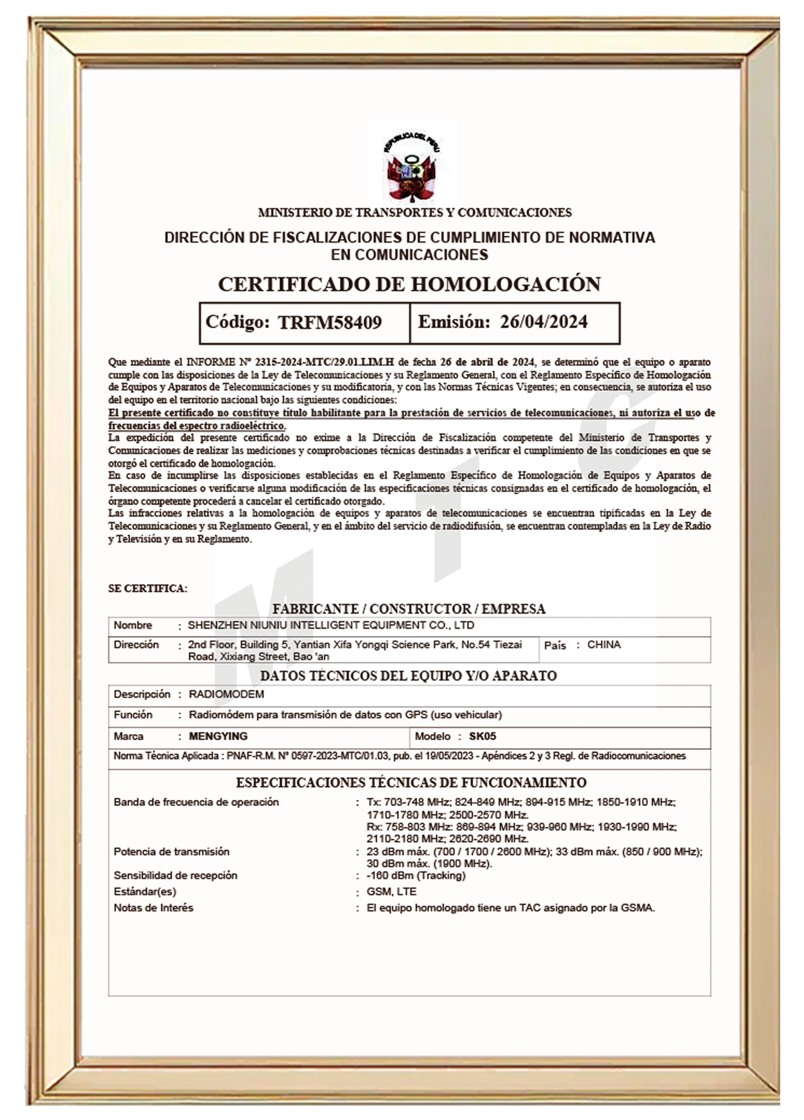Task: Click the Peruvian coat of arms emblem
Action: pos(411,168)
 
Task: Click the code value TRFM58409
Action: pos(330,322)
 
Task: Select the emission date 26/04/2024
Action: pos(543,321)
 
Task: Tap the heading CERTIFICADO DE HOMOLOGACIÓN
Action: pos(409,284)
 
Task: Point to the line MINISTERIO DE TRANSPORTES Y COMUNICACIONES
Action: pos(414,213)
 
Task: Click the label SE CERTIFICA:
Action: pos(148,589)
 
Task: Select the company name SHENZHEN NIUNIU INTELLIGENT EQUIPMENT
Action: pos(331,626)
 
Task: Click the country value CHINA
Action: pos(604,645)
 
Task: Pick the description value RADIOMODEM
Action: pos(226,695)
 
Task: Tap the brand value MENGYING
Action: pos(218,736)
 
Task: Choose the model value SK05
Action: pos(483,736)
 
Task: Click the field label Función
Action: pos(133,715)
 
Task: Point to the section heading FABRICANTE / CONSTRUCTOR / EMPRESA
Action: pos(408,609)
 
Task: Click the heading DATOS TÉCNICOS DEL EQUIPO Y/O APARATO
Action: pos(408,676)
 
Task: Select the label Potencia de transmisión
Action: pos(171,851)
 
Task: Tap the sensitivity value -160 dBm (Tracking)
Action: pos(416,875)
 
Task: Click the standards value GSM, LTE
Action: pos(391,891)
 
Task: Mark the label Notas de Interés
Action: pos(153,908)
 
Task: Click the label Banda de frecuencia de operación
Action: pos(196,802)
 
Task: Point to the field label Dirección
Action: pos(136,645)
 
